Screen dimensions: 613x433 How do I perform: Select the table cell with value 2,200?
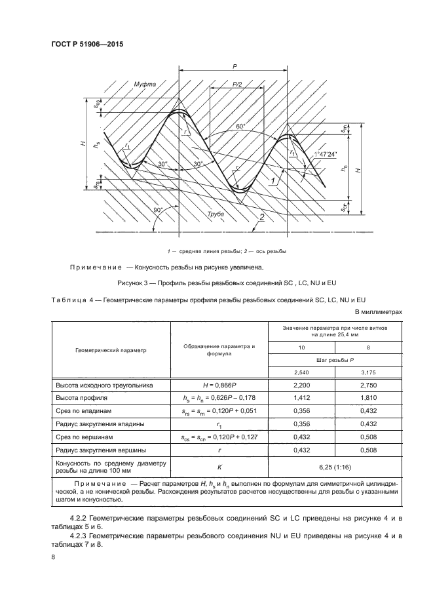point(302,385)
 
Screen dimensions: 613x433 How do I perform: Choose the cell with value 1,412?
point(302,398)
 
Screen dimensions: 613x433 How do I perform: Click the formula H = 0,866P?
point(219,385)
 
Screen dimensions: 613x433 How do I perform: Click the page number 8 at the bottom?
point(53,557)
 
